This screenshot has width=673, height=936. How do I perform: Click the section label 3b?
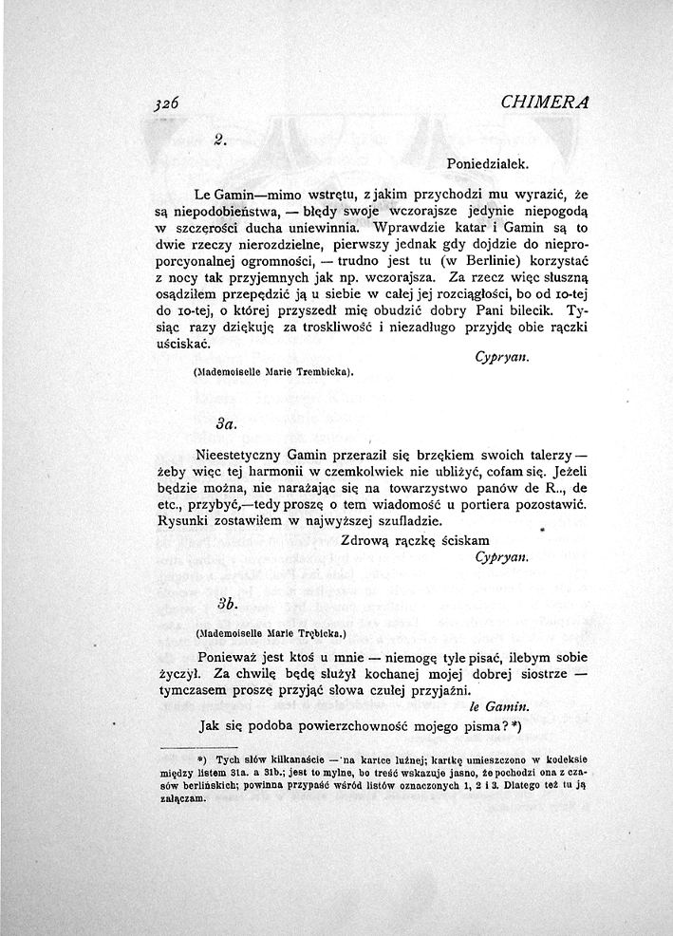(225, 603)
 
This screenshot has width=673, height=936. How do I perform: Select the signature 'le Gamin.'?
(499, 707)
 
